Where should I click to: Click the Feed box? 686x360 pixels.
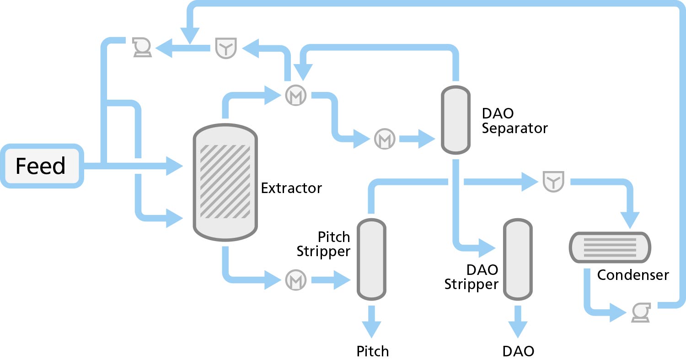42,166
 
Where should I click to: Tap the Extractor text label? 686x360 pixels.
291,188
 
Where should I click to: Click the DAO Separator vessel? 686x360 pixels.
456,120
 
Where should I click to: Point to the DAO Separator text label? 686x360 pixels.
514,121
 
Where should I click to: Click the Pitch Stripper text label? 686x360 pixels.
324,244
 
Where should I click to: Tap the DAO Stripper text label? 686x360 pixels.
472,277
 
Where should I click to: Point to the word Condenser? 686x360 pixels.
633,275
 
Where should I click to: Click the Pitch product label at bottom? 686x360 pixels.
373,351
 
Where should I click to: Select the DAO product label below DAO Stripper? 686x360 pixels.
518,351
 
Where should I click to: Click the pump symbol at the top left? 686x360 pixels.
141,47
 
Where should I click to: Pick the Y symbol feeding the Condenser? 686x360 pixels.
553,182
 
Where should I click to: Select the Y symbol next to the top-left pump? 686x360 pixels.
225,48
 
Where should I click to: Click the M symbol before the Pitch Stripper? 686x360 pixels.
295,279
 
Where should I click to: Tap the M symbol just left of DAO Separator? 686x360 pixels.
385,138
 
